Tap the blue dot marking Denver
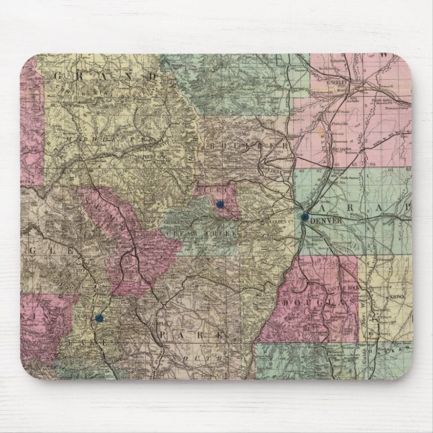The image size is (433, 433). (x=305, y=216)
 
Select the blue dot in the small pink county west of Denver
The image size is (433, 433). (x=219, y=204)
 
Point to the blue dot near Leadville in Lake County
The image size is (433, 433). (x=99, y=317)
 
